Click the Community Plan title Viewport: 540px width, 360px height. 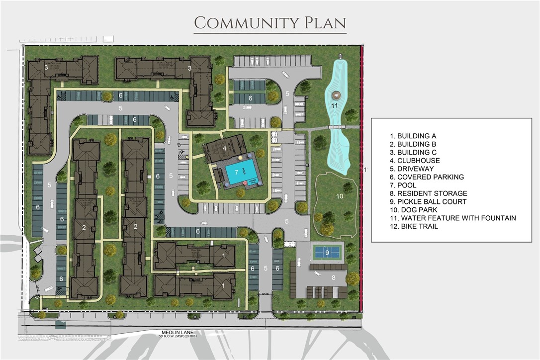[270, 23]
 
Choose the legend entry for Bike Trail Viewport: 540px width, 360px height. [414, 226]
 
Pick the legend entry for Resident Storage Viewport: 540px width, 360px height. [429, 193]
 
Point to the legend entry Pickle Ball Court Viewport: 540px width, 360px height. [428, 201]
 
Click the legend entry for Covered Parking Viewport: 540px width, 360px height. [427, 177]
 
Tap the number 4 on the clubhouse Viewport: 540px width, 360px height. [225, 148]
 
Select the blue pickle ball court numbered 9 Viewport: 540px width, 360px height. [327, 253]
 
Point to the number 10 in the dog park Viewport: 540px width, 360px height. [340, 196]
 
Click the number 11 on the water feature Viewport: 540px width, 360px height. [335, 105]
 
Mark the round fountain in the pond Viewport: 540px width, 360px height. [335, 95]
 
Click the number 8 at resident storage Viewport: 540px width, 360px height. [334, 277]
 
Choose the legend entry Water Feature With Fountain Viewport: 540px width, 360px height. [453, 218]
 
